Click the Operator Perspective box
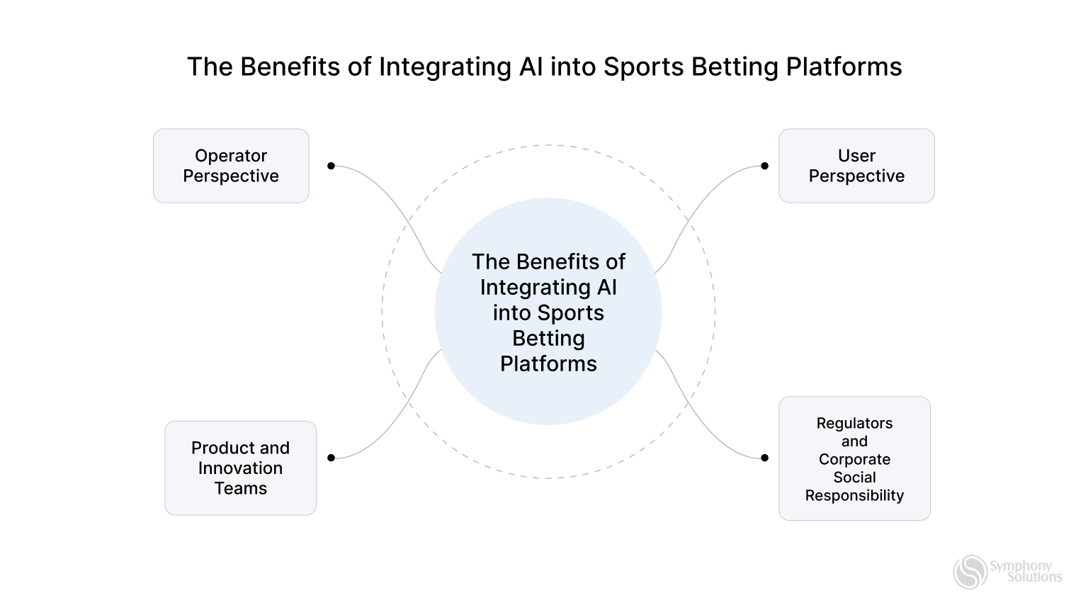pyautogui.click(x=231, y=166)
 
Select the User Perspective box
pyautogui.click(x=856, y=166)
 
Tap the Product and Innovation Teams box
pyautogui.click(x=240, y=468)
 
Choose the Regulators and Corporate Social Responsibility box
pyautogui.click(x=854, y=458)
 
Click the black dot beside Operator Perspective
pyautogui.click(x=331, y=166)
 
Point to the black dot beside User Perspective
pyautogui.click(x=764, y=166)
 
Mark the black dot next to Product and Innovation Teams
pyautogui.click(x=331, y=458)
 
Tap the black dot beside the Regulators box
pyautogui.click(x=764, y=458)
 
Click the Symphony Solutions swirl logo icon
pyautogui.click(x=970, y=572)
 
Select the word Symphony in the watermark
pyautogui.click(x=1021, y=565)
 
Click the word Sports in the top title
pyautogui.click(x=643, y=67)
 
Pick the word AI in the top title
pyautogui.click(x=531, y=67)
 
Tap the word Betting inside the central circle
pyautogui.click(x=548, y=338)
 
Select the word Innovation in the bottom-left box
pyautogui.click(x=240, y=468)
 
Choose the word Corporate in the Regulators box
pyautogui.click(x=854, y=459)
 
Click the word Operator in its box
pyautogui.click(x=231, y=155)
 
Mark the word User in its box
pyautogui.click(x=856, y=155)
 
